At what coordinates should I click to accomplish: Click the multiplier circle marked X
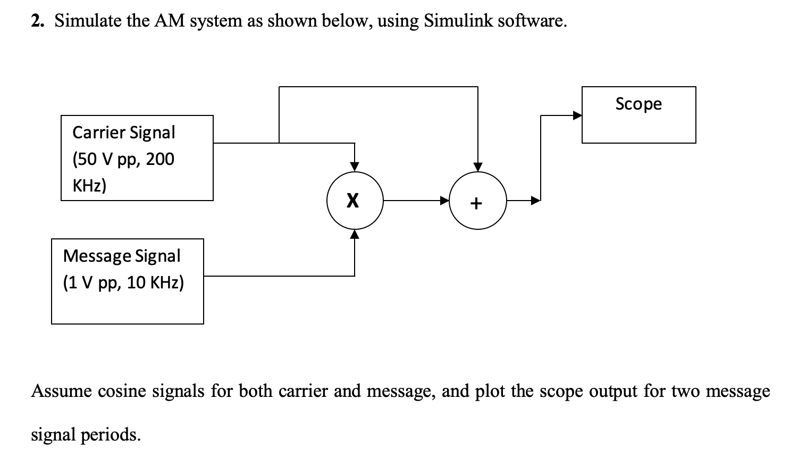click(355, 201)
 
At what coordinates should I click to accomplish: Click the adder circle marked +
click(477, 202)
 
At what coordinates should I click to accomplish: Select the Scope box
click(638, 115)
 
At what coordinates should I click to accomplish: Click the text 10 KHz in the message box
click(155, 283)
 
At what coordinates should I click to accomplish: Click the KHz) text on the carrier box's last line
click(89, 186)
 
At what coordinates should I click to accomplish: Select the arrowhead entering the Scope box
click(577, 115)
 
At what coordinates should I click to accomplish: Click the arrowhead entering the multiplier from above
click(355, 167)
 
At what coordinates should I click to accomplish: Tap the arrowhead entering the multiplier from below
click(355, 235)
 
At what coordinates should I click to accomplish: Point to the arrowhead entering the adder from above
click(477, 167)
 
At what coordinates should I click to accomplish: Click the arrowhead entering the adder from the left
click(444, 201)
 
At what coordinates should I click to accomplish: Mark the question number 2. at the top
click(37, 21)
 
